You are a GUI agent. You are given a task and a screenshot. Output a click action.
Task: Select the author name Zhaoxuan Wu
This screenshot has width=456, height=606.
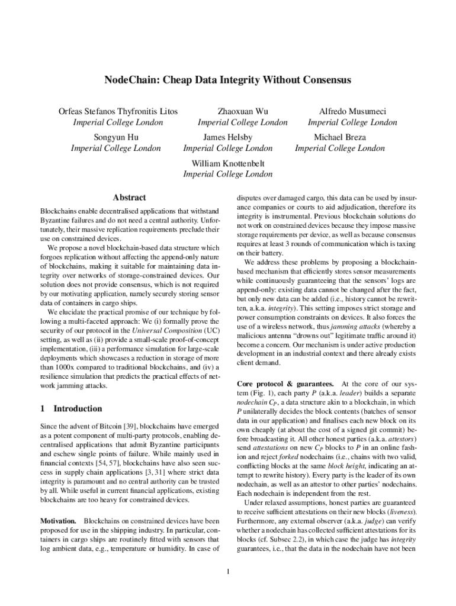(242, 111)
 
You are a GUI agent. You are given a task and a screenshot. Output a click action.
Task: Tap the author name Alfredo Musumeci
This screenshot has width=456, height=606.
(352, 111)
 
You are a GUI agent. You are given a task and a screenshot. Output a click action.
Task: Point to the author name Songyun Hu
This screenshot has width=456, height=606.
(116, 137)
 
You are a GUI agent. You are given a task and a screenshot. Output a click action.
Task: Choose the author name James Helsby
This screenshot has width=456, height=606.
(227, 137)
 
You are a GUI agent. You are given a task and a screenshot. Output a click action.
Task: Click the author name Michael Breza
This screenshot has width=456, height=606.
(340, 137)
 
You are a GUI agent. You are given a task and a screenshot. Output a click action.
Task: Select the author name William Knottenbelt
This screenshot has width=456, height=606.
(228, 163)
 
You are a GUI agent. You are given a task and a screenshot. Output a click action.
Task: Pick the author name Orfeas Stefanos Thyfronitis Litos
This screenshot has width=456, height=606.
(118, 111)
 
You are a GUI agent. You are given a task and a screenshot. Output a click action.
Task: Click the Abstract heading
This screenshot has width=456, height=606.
(129, 198)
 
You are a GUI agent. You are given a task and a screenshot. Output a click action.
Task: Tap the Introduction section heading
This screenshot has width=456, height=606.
(78, 408)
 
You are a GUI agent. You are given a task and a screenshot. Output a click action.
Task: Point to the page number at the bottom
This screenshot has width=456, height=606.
(228, 571)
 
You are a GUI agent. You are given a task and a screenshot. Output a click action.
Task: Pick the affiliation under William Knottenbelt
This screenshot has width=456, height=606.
(228, 175)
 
